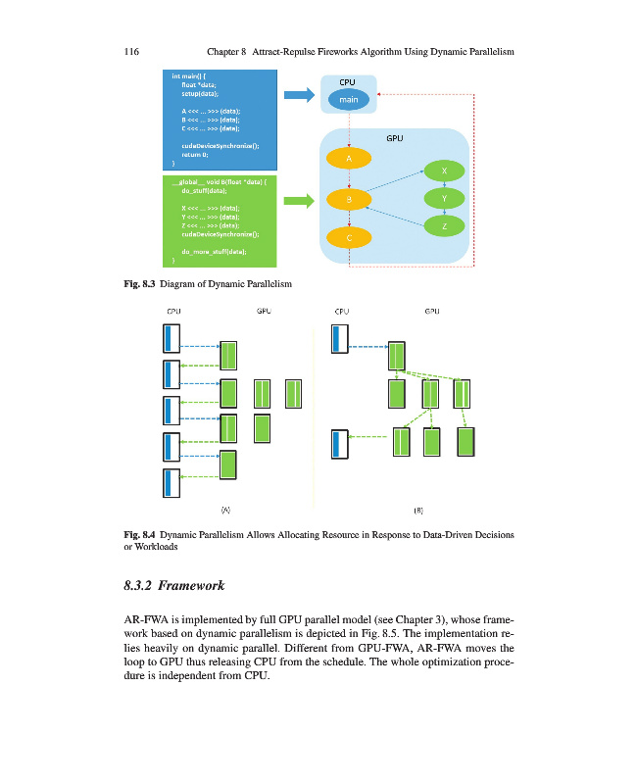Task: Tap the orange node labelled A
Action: (349, 158)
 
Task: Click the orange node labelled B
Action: (349, 200)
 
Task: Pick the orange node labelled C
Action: (349, 237)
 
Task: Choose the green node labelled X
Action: (445, 171)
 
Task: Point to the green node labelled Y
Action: (445, 198)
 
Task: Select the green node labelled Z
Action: (445, 226)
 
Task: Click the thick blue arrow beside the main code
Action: (297, 95)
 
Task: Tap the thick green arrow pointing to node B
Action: (297, 201)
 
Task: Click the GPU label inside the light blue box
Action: (395, 139)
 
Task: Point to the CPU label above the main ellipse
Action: (348, 82)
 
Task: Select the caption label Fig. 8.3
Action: (141, 284)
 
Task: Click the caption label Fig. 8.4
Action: (141, 535)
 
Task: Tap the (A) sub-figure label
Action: (225, 510)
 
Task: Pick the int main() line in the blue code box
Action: (190, 75)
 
